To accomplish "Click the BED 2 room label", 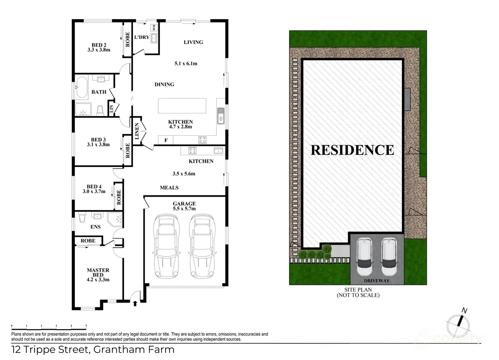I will point(99,45).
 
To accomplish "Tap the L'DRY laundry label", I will point(142,37).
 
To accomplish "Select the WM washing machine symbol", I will point(154,27).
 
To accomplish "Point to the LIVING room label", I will point(193,42).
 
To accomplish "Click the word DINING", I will point(164,84).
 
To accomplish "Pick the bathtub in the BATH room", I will point(82,88).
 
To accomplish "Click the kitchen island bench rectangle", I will point(182,106).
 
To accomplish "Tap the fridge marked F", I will point(166,140).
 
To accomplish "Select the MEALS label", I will point(169,188).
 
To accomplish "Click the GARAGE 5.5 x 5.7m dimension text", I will point(184,208).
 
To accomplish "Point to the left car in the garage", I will point(166,246).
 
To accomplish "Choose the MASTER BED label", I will point(98,272).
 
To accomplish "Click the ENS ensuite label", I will point(95,227).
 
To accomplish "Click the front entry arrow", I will point(135,303).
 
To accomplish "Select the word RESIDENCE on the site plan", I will point(352,150).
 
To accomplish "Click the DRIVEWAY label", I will point(377,281).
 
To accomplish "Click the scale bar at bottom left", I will point(49,327).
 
